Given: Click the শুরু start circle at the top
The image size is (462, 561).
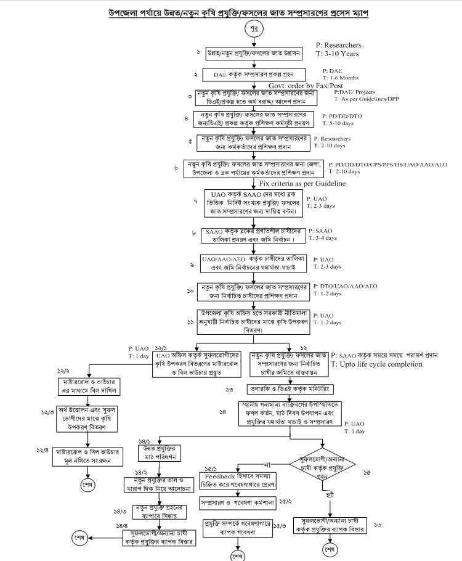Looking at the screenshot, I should click(253, 30).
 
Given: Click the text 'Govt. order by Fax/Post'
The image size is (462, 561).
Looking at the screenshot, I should click(314, 85).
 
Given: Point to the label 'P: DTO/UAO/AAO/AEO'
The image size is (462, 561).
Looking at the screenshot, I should click(345, 286).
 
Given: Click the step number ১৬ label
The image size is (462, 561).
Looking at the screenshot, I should click(377, 524).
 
